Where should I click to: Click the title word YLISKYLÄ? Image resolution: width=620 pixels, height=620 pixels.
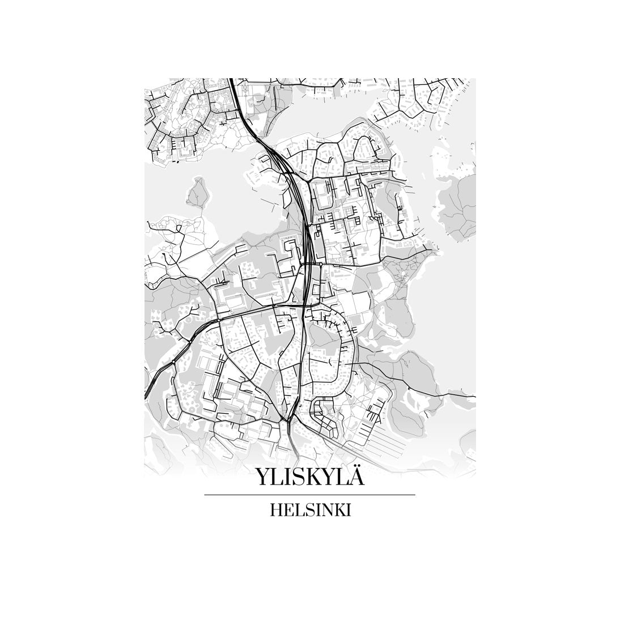coord(309,477)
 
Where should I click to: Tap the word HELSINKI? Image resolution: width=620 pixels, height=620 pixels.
coord(311,510)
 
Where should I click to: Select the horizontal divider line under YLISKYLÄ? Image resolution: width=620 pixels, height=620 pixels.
coord(309,495)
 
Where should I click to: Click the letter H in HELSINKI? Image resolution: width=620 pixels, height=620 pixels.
coord(277,510)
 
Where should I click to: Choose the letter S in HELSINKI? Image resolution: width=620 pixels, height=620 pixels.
coord(305,510)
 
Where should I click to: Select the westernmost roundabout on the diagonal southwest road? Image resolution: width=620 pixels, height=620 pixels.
coord(172,361)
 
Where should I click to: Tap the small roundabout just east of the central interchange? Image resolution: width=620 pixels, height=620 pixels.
coord(321,264)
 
